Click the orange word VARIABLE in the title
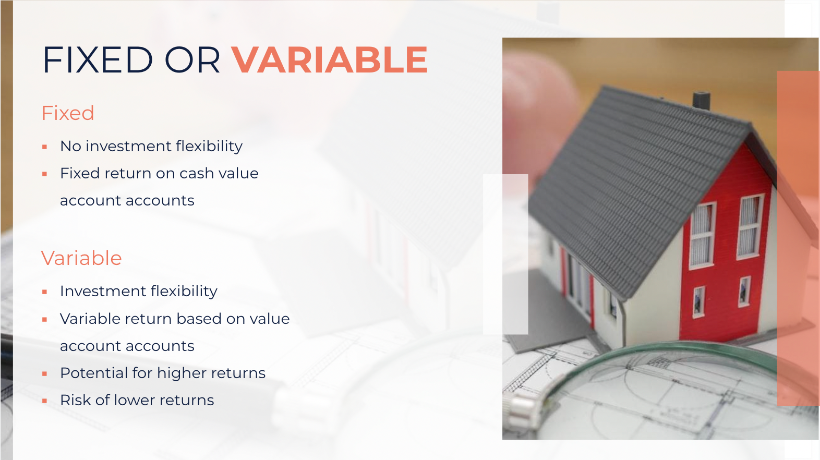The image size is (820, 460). pos(330,59)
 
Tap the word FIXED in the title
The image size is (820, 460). pos(98,59)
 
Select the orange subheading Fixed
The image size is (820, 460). pos(68,113)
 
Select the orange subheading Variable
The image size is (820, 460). pos(81,258)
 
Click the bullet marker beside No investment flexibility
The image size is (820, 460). pos(45,147)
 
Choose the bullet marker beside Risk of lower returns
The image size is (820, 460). pos(45,401)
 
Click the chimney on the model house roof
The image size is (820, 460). pos(702,100)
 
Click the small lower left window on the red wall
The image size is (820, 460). pos(699,302)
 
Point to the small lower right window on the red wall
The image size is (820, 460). pos(744,292)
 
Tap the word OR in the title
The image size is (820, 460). pos(192,59)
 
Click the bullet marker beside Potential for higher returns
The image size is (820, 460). pos(45,374)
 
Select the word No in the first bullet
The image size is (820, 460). pos(70,147)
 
